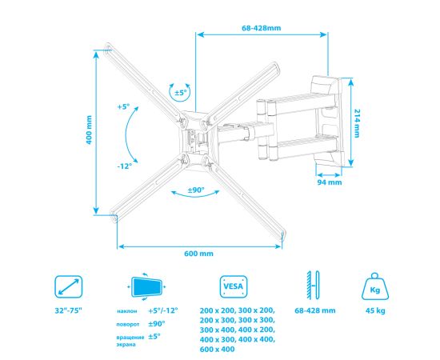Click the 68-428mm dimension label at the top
(x=262, y=28)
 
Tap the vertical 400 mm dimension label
(x=89, y=130)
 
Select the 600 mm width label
(x=198, y=254)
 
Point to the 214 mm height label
(x=356, y=123)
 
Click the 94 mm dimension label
(x=330, y=182)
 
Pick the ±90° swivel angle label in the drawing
(x=196, y=190)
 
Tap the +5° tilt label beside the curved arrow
(x=124, y=106)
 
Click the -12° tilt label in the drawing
(x=125, y=166)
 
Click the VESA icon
(x=234, y=286)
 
